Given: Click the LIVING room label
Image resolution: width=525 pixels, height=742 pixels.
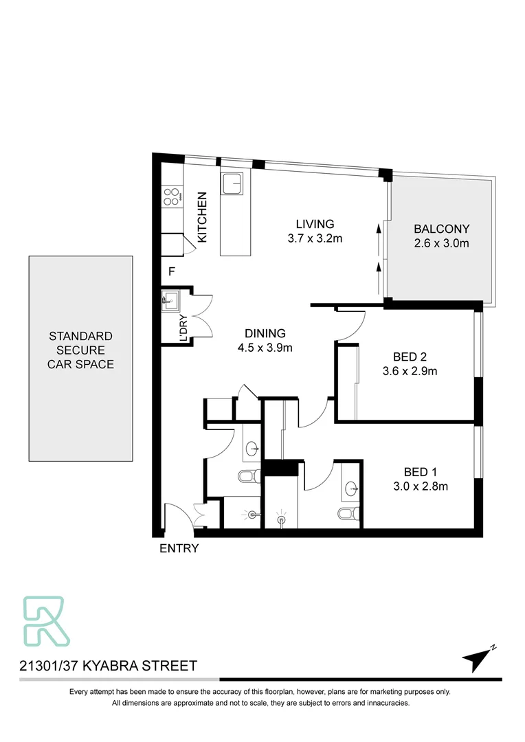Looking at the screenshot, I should (x=315, y=224).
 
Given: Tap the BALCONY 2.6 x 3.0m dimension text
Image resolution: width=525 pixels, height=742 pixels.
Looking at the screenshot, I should (x=441, y=244).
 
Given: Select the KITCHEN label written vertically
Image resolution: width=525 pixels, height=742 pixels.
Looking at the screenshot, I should (x=203, y=217).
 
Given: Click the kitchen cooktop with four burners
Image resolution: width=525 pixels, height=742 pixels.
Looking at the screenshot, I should (x=172, y=197).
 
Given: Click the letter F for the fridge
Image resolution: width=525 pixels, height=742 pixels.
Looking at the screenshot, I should (x=172, y=272).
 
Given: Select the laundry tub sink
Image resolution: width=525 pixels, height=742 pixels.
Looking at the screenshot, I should (x=169, y=300).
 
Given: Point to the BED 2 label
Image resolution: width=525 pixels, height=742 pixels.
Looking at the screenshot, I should (x=410, y=357).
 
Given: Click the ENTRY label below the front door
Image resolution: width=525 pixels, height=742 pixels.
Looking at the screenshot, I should (x=179, y=548).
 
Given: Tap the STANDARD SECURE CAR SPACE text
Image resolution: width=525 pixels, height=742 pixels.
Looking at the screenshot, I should (x=80, y=350).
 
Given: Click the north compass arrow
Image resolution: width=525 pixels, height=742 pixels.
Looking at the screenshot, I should (x=477, y=660).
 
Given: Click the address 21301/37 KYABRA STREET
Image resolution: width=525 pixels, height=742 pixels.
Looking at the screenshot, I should (x=108, y=666).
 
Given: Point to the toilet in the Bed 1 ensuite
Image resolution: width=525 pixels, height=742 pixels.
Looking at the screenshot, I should (x=346, y=514).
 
